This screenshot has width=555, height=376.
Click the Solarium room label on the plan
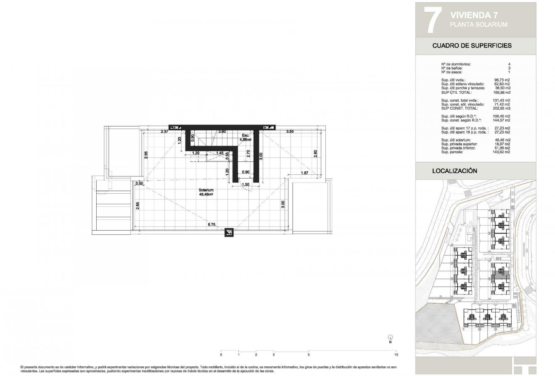point(206,190)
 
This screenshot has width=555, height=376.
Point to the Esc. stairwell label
point(245,136)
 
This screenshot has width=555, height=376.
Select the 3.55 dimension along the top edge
point(290,132)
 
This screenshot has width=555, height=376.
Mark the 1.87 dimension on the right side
point(305,173)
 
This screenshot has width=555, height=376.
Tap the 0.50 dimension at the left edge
point(139,183)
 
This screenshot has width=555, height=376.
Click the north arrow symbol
point(390,337)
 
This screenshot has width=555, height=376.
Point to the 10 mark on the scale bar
point(397,343)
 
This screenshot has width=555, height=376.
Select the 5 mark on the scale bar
point(309,343)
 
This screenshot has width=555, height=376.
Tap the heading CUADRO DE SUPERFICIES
point(472,46)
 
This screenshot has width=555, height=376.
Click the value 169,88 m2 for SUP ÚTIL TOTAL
point(501,92)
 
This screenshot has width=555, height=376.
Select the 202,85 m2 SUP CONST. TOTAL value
point(501,108)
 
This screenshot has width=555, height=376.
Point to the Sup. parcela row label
point(454,152)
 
